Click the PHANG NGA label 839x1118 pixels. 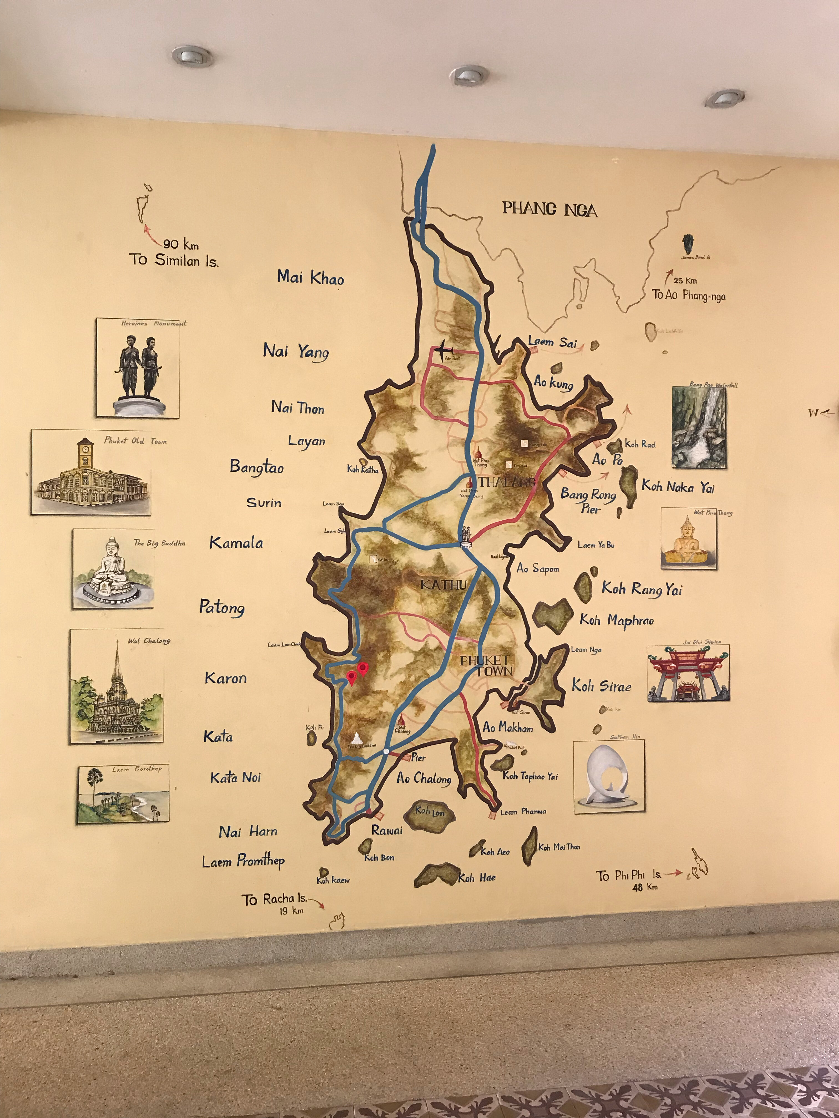tap(550, 209)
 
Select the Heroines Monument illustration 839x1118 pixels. tap(138, 367)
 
